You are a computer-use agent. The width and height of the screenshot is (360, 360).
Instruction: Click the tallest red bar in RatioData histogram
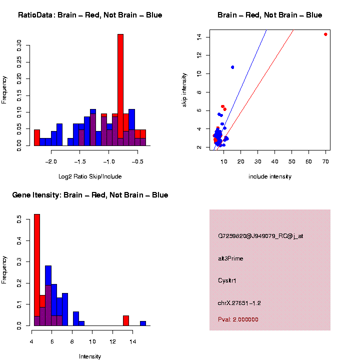pos(120,90)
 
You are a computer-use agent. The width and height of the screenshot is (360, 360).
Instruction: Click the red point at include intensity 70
pos(325,34)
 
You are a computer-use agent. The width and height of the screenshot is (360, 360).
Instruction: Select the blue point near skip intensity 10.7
pos(232,67)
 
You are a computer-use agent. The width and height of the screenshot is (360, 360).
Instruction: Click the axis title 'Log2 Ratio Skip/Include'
pos(89,176)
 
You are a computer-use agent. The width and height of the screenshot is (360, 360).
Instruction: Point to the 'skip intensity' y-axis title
pos(184,89)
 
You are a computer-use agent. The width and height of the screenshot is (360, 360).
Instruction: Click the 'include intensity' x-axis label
pos(270,176)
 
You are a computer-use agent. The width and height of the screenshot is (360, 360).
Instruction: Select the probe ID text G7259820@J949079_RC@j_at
pos(260,236)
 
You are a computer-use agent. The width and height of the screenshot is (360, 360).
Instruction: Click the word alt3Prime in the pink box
pos(230,258)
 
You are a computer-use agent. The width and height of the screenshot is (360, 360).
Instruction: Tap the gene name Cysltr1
pos(227,280)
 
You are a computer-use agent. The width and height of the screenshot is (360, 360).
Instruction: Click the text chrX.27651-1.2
pos(239,303)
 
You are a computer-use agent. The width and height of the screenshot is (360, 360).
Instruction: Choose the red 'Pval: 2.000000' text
pos(238,319)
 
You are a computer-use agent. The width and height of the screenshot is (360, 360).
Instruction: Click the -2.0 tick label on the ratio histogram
pos(51,161)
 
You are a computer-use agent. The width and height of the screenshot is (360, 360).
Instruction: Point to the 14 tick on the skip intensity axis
pos(199,36)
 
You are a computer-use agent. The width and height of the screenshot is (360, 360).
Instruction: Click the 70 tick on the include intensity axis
pos(325,161)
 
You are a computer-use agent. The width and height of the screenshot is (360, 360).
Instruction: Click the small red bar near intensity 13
pos(126,321)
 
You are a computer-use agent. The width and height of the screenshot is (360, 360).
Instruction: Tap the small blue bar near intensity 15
pos(143,323)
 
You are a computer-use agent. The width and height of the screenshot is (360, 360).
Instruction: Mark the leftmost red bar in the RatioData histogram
pos(37,137)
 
